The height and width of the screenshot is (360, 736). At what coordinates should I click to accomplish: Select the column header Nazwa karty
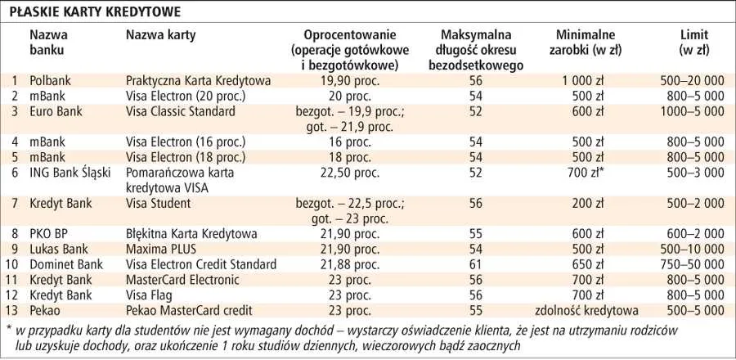[x=160, y=35]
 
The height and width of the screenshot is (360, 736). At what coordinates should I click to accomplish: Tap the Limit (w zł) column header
[x=693, y=42]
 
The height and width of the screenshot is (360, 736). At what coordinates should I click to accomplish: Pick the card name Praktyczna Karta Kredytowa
[x=198, y=81]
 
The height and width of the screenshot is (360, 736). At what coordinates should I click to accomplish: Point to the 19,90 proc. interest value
[x=349, y=81]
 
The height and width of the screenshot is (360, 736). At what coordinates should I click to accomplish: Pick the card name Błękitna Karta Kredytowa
[x=192, y=234]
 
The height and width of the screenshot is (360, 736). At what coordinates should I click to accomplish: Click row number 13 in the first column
[x=12, y=310]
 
